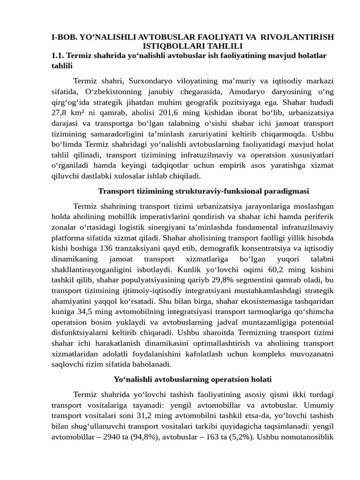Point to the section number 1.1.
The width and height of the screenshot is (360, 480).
58,55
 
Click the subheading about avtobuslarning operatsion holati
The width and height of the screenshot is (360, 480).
193,379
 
